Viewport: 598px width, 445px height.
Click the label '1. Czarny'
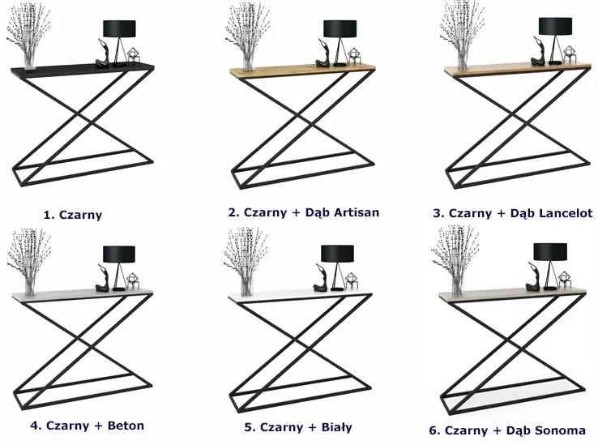(78, 216)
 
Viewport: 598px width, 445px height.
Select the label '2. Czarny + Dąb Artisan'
(304, 212)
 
